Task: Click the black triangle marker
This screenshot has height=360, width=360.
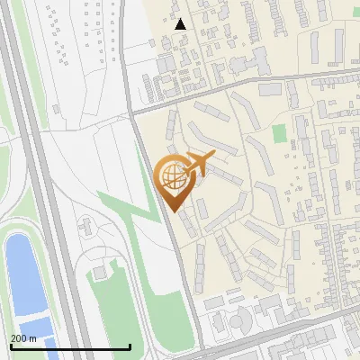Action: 181,24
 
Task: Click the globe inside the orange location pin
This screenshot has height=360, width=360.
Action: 172,175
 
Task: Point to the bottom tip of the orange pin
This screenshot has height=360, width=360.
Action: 173,211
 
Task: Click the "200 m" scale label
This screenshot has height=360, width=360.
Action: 23,337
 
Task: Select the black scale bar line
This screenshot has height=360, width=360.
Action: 70,346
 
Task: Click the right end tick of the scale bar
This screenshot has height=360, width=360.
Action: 130,345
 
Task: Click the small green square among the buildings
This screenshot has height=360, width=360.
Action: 280,132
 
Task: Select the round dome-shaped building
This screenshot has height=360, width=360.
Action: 238,321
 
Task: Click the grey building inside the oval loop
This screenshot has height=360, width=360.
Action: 101,270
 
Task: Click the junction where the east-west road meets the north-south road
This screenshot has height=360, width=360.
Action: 132,112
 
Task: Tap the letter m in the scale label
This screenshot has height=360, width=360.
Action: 32,337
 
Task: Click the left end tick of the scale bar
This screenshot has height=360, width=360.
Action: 11,345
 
